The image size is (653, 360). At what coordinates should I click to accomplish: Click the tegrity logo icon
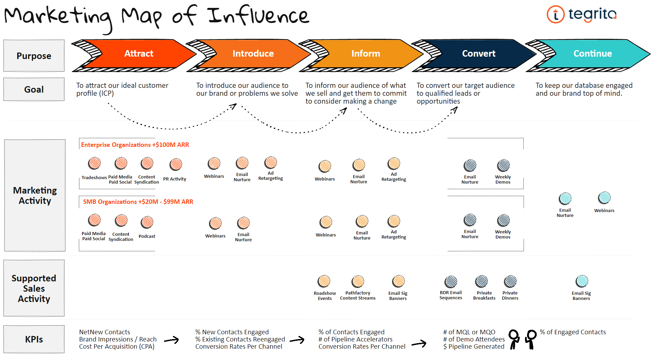(x=556, y=14)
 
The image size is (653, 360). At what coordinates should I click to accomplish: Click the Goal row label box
(x=34, y=89)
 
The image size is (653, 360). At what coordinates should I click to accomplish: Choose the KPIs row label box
(x=34, y=339)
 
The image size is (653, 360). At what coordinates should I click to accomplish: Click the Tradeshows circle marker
(x=94, y=163)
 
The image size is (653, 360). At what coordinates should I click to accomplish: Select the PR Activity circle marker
(x=176, y=164)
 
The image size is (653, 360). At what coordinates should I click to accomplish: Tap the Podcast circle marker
(x=147, y=222)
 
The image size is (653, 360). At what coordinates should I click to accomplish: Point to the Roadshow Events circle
(x=324, y=281)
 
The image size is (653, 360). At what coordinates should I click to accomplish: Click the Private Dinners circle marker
(x=510, y=281)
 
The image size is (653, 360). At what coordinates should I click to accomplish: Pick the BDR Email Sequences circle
(x=451, y=282)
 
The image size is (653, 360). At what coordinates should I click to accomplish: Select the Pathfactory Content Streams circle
(x=358, y=281)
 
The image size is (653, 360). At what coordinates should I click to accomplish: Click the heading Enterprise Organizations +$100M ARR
(x=135, y=145)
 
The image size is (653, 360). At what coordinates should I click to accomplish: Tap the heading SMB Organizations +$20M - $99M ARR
(x=138, y=202)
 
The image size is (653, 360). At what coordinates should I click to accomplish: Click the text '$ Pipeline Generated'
(x=474, y=347)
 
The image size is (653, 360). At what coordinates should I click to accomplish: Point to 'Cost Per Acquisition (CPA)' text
(x=117, y=347)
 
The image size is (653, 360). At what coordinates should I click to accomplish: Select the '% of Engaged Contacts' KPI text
(x=573, y=332)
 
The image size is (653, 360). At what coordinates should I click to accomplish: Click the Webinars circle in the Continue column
(x=604, y=198)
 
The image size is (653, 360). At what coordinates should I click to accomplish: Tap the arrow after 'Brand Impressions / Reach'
(x=172, y=340)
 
